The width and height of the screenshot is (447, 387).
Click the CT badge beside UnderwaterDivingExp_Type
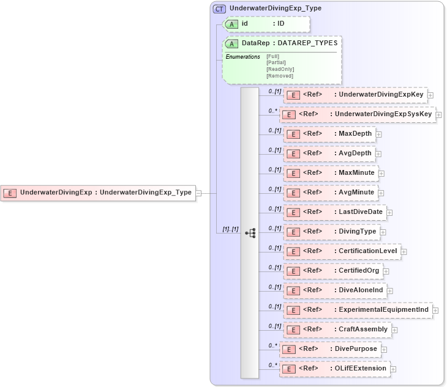coord(219,9)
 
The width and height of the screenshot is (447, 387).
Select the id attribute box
coord(266,24)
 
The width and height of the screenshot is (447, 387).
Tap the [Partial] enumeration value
coord(275,62)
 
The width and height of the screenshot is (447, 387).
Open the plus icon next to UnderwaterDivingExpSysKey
coord(439,114)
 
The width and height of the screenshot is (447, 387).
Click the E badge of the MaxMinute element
coord(293,173)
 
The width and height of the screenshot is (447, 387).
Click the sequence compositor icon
coord(250,233)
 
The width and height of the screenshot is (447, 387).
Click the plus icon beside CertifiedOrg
coord(386,271)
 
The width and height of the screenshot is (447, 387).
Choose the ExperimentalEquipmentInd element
coord(358,310)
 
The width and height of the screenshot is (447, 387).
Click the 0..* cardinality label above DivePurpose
coord(272,345)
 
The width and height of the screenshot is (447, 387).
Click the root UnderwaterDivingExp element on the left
coord(98,193)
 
